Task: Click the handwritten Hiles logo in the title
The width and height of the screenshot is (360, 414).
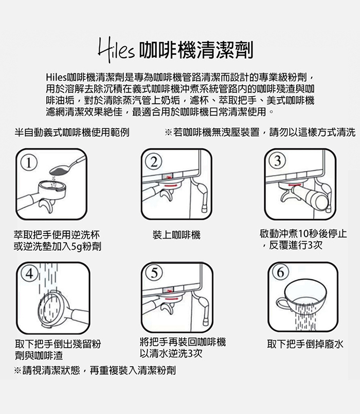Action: [116, 50]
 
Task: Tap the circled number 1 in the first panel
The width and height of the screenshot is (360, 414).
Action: [29, 164]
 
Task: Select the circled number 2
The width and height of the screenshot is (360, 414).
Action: [154, 161]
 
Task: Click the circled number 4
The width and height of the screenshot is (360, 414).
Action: [29, 274]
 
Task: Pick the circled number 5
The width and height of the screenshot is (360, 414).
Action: [154, 273]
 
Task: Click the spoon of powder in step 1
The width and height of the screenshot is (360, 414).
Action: [67, 166]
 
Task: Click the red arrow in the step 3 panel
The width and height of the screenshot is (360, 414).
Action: [294, 185]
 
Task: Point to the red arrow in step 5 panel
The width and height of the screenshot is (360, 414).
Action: [171, 298]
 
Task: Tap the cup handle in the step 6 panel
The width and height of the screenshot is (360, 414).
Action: [281, 303]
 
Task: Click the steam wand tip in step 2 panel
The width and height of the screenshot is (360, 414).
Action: [205, 208]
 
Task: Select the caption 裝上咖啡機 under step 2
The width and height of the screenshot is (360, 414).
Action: [176, 235]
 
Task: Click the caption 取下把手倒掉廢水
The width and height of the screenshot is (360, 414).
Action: [305, 344]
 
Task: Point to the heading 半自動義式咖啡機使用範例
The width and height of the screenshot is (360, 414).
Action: [72, 132]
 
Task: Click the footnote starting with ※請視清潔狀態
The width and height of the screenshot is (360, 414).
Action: [95, 370]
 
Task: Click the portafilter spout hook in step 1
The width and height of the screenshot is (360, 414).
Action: [47, 206]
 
